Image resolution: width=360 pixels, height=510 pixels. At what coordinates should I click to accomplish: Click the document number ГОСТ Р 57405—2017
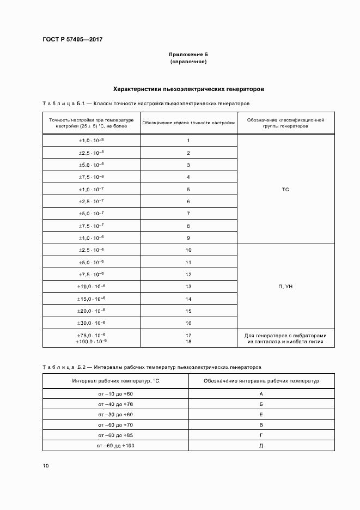coord(72,40)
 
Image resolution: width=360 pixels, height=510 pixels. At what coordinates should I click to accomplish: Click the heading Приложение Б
coord(188,55)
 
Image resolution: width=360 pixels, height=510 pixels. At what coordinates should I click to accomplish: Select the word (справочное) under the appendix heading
coord(188,62)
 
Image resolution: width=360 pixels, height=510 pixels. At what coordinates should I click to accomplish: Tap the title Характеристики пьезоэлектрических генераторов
coord(188,88)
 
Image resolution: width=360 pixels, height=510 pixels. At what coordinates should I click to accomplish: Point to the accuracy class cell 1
coord(188,141)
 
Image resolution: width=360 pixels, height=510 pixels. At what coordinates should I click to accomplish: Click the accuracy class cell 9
coord(188,238)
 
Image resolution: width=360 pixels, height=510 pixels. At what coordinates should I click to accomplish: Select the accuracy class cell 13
coord(188,286)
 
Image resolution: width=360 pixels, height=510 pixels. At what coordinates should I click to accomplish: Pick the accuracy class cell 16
coord(188,323)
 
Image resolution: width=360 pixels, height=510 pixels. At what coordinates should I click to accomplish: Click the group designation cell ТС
coord(285,189)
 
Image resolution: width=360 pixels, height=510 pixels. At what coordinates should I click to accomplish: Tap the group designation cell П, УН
coord(285,286)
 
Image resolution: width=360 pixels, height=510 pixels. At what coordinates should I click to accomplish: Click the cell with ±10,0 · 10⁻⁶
coord(91,286)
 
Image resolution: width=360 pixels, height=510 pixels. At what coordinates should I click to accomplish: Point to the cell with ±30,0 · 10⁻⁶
coord(91,323)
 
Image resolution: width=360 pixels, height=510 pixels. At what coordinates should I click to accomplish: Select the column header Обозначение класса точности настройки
coord(188,123)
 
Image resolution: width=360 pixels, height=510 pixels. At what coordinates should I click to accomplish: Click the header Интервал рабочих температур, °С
coord(115,380)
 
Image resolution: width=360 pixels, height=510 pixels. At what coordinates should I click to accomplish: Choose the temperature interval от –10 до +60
coord(115,393)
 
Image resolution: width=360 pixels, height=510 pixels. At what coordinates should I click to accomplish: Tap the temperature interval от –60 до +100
coord(115,446)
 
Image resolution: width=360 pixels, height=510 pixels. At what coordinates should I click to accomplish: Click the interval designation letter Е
coord(261,414)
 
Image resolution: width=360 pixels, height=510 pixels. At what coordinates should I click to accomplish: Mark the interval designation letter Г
coord(261,435)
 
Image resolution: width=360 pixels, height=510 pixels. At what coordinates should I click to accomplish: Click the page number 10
coord(46,466)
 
